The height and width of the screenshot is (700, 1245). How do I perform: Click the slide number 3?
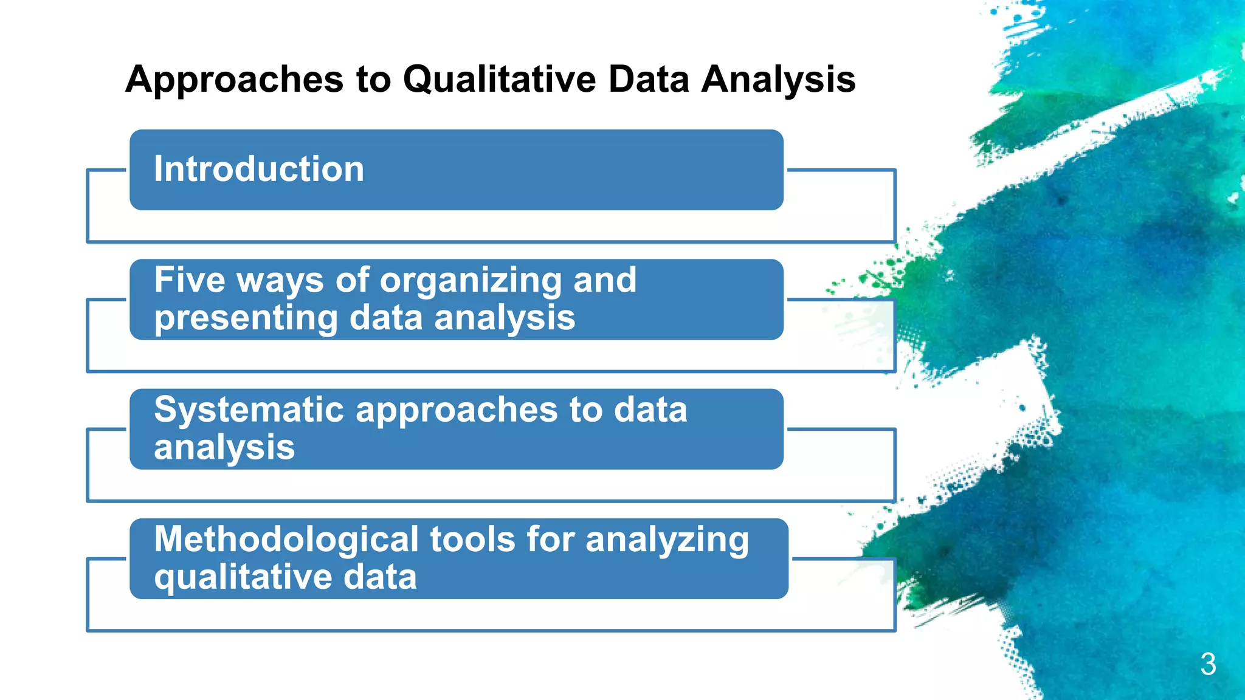[1208, 664]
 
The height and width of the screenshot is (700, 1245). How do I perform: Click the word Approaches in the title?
[235, 80]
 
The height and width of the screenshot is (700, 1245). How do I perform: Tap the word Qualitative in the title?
[499, 79]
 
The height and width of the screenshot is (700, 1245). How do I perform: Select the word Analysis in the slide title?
[778, 80]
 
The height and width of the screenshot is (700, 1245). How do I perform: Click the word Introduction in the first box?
[259, 169]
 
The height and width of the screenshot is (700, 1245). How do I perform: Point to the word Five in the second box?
[190, 280]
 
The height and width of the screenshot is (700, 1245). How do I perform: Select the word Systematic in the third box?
[249, 410]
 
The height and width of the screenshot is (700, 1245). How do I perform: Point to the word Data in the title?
[649, 79]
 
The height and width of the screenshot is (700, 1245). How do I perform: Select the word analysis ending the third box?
[224, 448]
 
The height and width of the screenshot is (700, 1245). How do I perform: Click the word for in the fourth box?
[550, 540]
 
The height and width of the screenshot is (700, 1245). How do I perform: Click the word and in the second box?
[604, 280]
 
